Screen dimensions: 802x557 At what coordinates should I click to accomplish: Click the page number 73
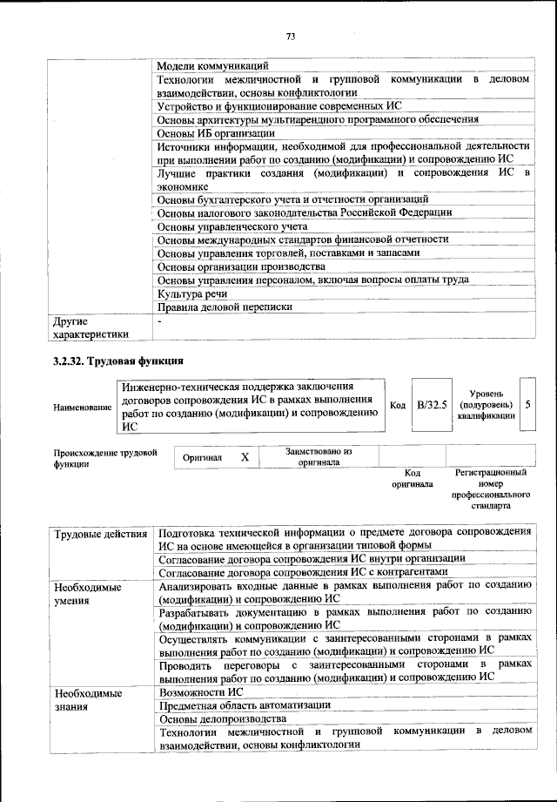tap(291, 36)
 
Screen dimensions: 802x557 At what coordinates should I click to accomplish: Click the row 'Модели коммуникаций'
tap(213, 65)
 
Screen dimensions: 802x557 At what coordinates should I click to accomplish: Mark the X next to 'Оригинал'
tap(245, 457)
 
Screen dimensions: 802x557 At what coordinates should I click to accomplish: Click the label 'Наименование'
tap(83, 407)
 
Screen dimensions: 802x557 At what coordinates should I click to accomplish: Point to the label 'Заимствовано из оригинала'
tap(319, 457)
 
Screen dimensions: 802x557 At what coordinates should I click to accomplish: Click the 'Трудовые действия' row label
tap(101, 532)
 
